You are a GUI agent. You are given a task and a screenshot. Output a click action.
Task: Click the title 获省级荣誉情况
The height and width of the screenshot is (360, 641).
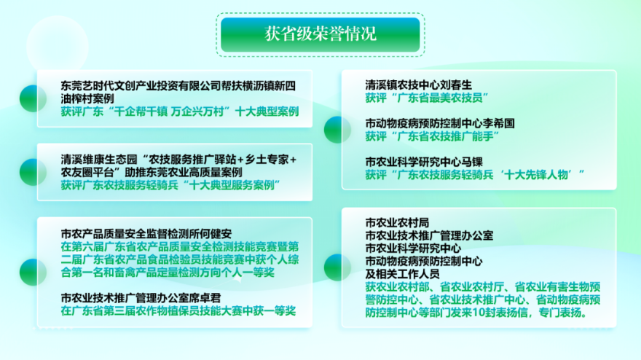(320, 34)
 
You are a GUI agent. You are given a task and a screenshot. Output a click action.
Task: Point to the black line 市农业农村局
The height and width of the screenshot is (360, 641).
(397, 222)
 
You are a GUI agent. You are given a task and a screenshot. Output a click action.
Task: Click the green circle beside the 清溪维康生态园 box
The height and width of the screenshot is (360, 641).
(33, 172)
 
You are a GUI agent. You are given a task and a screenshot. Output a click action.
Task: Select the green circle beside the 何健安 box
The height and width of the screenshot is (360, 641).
(33, 272)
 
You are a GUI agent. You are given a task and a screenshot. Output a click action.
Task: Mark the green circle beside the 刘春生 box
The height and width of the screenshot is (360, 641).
(337, 130)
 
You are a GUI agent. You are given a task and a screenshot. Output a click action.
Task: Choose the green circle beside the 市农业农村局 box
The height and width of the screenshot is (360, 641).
(337, 267)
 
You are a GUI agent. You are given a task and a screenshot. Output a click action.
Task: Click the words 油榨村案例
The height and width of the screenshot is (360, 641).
(87, 98)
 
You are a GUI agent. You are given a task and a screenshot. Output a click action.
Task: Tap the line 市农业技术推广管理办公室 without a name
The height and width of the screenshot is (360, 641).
(429, 235)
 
